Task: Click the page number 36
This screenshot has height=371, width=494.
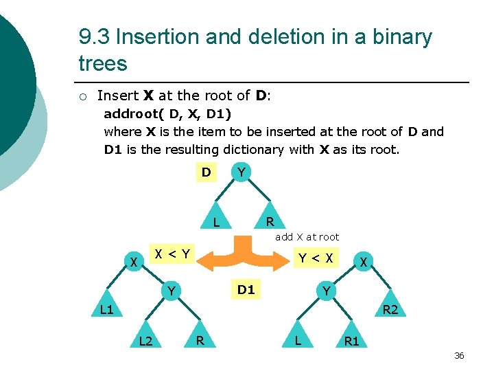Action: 459,355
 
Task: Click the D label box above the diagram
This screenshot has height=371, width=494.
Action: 206,172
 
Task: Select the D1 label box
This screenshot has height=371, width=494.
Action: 246,289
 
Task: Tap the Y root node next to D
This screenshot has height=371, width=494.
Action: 240,172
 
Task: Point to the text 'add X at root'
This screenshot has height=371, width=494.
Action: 307,237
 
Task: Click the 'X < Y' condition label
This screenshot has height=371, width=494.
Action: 172,254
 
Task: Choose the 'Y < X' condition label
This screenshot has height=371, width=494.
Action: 315,258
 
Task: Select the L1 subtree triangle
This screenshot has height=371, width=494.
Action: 106,308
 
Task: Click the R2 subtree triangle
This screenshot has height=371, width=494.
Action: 390,308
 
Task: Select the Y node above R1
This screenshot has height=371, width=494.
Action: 327,291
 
